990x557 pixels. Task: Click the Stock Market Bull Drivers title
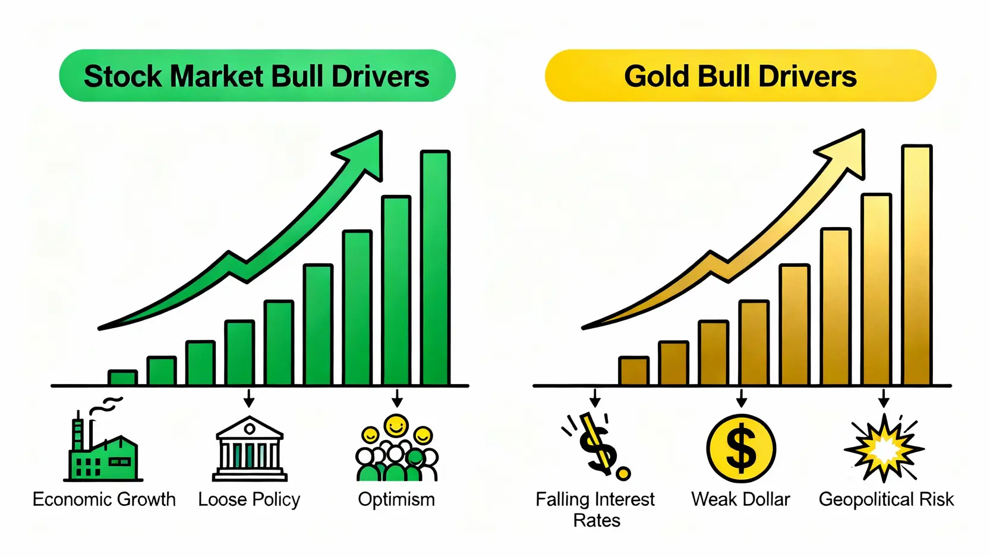pyautogui.click(x=256, y=76)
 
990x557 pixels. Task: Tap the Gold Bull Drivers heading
pyautogui.click(x=740, y=76)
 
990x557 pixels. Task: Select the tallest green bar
pyautogui.click(x=436, y=268)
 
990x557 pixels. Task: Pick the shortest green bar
pyautogui.click(x=122, y=377)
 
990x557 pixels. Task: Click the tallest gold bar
pyautogui.click(x=917, y=265)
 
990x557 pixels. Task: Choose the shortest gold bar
pyautogui.click(x=634, y=371)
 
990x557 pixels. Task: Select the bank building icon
pyautogui.click(x=250, y=448)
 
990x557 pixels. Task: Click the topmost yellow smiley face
pyautogui.click(x=396, y=426)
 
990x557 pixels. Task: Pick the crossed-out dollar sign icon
pyautogui.click(x=597, y=446)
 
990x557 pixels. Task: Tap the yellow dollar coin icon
pyautogui.click(x=741, y=448)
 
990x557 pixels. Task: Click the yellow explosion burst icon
pyautogui.click(x=884, y=448)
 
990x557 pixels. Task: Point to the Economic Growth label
pyautogui.click(x=105, y=499)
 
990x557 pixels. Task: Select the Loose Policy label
pyautogui.click(x=249, y=499)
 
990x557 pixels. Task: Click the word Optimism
pyautogui.click(x=396, y=499)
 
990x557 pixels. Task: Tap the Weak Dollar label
pyautogui.click(x=740, y=499)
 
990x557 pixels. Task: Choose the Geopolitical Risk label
pyautogui.click(x=886, y=499)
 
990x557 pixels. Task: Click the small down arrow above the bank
pyautogui.click(x=249, y=398)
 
